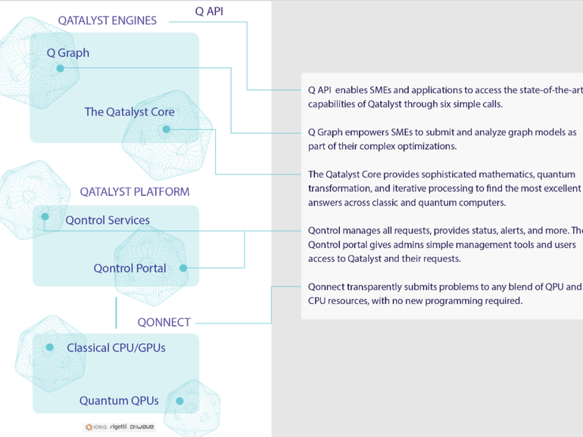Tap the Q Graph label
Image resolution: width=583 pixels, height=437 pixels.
click(x=68, y=53)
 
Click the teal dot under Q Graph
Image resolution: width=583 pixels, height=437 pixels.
click(x=61, y=68)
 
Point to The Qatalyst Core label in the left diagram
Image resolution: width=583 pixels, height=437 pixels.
click(x=129, y=112)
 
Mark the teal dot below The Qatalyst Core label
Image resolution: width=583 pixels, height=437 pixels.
click(x=166, y=129)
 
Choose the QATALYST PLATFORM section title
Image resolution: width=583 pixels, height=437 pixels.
click(x=135, y=191)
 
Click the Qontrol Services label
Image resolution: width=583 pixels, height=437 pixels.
click(x=107, y=221)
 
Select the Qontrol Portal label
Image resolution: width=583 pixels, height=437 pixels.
click(x=129, y=268)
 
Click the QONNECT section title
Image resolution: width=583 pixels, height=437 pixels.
click(x=164, y=322)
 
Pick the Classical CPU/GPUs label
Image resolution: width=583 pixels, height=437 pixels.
click(x=116, y=348)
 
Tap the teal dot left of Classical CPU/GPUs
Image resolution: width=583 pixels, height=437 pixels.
click(x=49, y=348)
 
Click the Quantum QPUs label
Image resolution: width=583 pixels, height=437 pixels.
click(x=120, y=401)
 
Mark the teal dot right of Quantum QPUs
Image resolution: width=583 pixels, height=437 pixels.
click(x=179, y=401)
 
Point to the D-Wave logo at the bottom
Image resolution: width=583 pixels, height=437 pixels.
click(x=142, y=427)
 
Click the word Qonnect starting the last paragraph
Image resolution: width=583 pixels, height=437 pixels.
click(x=326, y=287)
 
